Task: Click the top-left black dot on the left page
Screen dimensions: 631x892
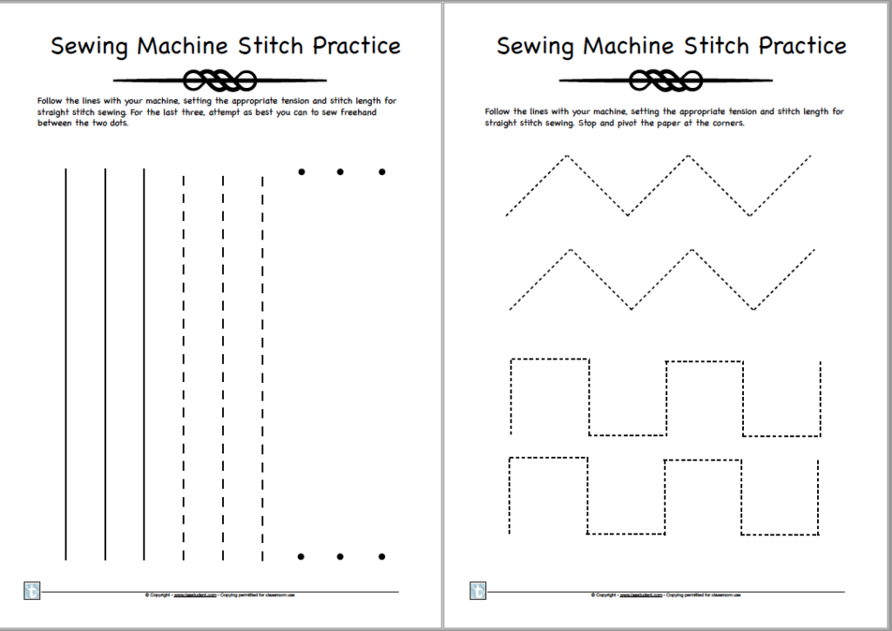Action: (x=301, y=171)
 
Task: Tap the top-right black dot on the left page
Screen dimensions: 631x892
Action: (x=382, y=171)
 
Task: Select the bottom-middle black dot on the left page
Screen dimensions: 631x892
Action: (x=341, y=556)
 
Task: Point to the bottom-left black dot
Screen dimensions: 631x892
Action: (x=301, y=556)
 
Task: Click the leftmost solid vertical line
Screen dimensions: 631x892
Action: (x=66, y=364)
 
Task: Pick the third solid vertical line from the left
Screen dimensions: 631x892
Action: (x=145, y=364)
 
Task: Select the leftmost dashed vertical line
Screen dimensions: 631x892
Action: (x=184, y=366)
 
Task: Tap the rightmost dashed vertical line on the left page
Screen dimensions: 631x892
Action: (x=262, y=366)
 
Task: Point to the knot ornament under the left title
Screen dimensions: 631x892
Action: (x=219, y=81)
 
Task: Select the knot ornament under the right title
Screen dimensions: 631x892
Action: (x=665, y=81)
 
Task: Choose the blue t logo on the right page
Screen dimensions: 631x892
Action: (x=478, y=590)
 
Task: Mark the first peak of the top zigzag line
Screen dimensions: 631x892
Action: (x=566, y=156)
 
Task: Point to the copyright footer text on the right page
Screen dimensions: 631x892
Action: (x=666, y=596)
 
